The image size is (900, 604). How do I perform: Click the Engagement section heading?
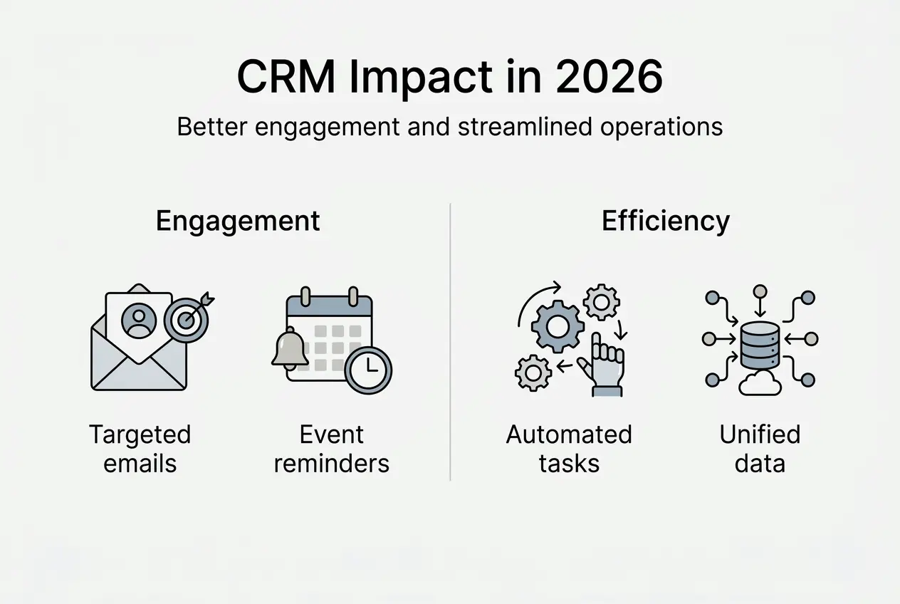(x=238, y=221)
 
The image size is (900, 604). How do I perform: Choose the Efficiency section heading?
(x=665, y=221)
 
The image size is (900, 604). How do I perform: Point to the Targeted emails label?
(x=140, y=449)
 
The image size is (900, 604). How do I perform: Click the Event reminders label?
(x=332, y=449)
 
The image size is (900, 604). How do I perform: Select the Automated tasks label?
(x=569, y=449)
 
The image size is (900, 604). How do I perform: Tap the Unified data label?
(x=760, y=449)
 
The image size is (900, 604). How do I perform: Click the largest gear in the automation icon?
(x=558, y=327)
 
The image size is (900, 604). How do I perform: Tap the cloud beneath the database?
(x=760, y=385)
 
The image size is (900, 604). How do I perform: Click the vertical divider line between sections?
(x=451, y=342)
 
